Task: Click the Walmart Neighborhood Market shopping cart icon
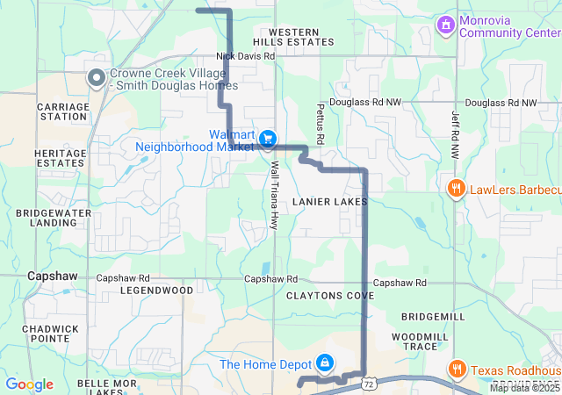[x=268, y=139]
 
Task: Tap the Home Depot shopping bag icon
[x=325, y=363]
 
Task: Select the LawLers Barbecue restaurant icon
[x=456, y=189]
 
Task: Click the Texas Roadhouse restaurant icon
[x=456, y=370]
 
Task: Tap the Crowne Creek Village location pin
[x=97, y=79]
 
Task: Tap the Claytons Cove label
[x=330, y=296]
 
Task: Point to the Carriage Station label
[x=62, y=111]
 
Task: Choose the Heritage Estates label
[x=61, y=157]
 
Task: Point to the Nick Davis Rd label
[x=246, y=55]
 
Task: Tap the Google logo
[x=29, y=384]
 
